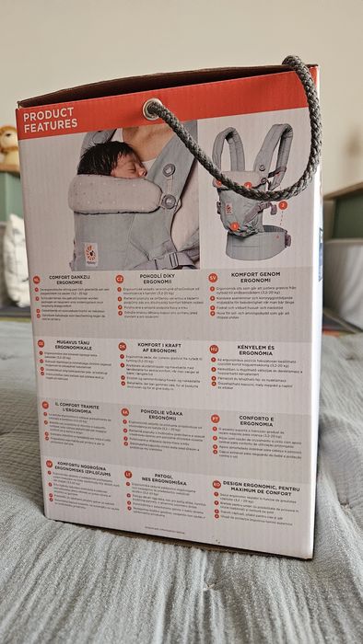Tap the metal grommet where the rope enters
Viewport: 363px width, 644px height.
pyautogui.click(x=152, y=108)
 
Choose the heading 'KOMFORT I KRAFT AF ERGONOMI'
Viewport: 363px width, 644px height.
pyautogui.click(x=161, y=351)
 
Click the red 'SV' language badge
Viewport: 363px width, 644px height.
pyautogui.click(x=212, y=274)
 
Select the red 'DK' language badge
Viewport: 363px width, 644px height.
pyautogui.click(x=123, y=347)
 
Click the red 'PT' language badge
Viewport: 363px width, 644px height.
pyautogui.click(x=215, y=417)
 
